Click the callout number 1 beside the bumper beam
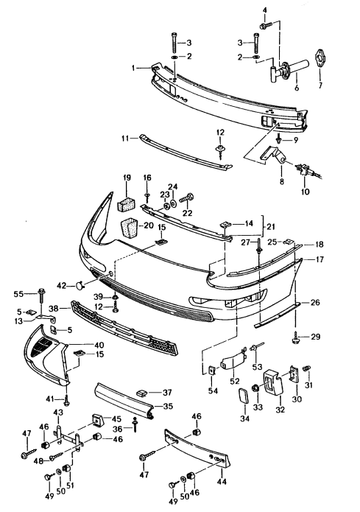pos(133,68)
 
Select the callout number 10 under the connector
pos(305,192)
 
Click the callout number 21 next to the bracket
pos(271,226)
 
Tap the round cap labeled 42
pos(80,286)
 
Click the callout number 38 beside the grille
pos(54,308)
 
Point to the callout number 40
pos(99,346)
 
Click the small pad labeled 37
pos(142,392)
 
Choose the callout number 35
pos(169,406)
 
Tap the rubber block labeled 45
pos(98,420)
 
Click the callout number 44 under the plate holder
pos(222,481)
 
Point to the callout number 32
pos(280,409)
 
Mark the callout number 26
pos(315,303)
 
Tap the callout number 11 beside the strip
pos(125,138)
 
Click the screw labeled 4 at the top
pos(265,25)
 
